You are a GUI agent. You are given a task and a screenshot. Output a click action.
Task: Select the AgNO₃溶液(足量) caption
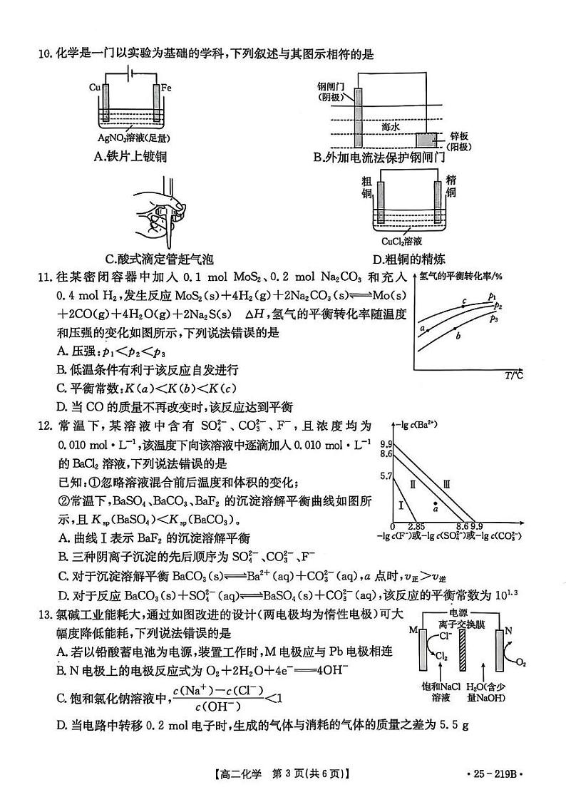pos(133,139)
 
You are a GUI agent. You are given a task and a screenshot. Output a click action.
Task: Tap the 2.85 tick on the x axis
pos(416,525)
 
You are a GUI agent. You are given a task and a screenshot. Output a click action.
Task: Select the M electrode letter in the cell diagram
pos(412,629)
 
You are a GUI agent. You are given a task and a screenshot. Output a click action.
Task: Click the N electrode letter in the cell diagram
pos(508,630)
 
